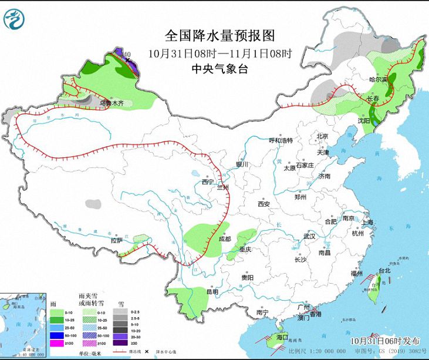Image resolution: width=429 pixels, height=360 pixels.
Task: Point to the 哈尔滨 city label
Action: (x=379, y=79)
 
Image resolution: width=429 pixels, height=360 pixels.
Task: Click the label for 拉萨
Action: (x=116, y=240)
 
